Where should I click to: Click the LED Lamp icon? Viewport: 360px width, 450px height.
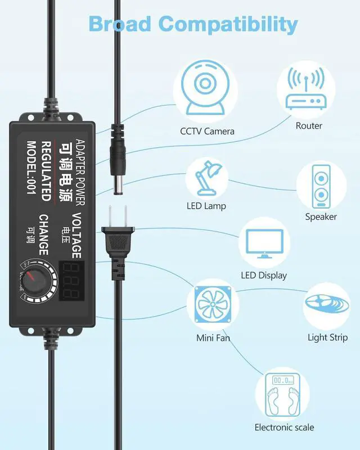point(206,177)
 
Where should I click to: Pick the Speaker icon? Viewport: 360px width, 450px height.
point(321,186)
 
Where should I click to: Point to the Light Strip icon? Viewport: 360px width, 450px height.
point(327,307)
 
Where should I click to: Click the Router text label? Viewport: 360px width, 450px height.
point(309,125)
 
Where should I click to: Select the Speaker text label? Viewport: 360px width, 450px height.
point(321,217)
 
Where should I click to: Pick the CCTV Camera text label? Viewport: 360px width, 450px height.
point(207,132)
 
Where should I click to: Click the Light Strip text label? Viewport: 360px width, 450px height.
point(327,337)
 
